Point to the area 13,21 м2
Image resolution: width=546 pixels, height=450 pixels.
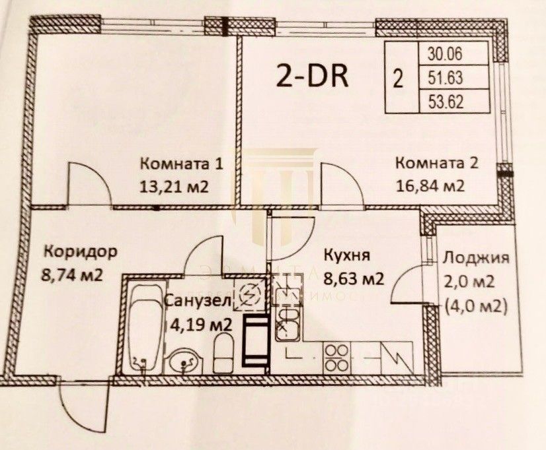[174, 186]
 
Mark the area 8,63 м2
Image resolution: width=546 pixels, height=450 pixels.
[354, 279]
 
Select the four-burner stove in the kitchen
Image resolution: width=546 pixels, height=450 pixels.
[334, 358]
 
